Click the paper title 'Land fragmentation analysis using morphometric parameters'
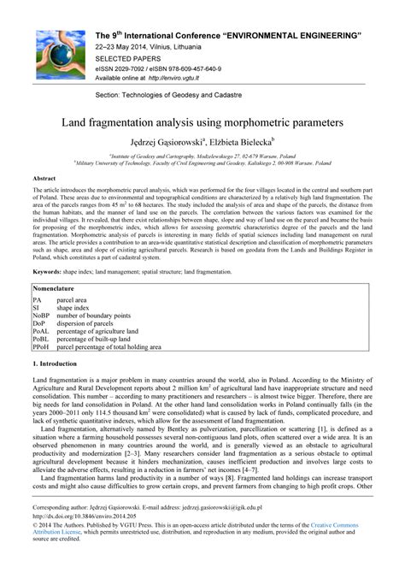[x=202, y=122]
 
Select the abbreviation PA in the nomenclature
[x=38, y=302]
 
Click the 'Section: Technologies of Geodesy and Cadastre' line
[x=177, y=92]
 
